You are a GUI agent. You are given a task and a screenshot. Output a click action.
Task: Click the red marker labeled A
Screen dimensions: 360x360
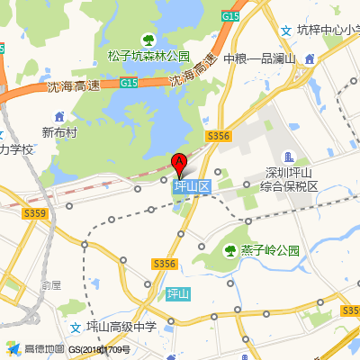pos(178,164)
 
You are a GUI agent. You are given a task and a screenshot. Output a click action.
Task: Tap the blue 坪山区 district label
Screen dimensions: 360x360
pos(192,187)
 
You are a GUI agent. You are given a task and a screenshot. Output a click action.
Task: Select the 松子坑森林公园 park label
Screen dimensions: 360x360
pos(148,56)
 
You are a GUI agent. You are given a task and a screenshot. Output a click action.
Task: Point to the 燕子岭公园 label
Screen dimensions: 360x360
pos(270,250)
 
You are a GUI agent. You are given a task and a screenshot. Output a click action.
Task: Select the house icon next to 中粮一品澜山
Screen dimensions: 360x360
pos(310,58)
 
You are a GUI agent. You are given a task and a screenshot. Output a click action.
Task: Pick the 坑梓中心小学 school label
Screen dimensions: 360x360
pos(328,29)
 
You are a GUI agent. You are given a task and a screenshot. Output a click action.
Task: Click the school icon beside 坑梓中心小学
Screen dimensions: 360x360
pos(286,30)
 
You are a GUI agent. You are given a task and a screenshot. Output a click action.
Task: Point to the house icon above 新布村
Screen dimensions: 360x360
pos(59,117)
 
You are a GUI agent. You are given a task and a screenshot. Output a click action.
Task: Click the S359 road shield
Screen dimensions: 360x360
pos(35,213)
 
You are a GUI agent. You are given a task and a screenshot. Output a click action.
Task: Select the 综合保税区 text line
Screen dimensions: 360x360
pos(290,186)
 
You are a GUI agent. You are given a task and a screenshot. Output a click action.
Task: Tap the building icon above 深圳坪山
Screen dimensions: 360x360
pos(288,157)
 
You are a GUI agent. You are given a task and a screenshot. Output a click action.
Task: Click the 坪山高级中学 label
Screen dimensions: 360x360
pos(121,327)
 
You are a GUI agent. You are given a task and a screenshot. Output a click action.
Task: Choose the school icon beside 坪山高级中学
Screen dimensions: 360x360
pos(75,327)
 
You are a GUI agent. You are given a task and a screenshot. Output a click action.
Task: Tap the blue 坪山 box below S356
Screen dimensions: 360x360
pos(179,293)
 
